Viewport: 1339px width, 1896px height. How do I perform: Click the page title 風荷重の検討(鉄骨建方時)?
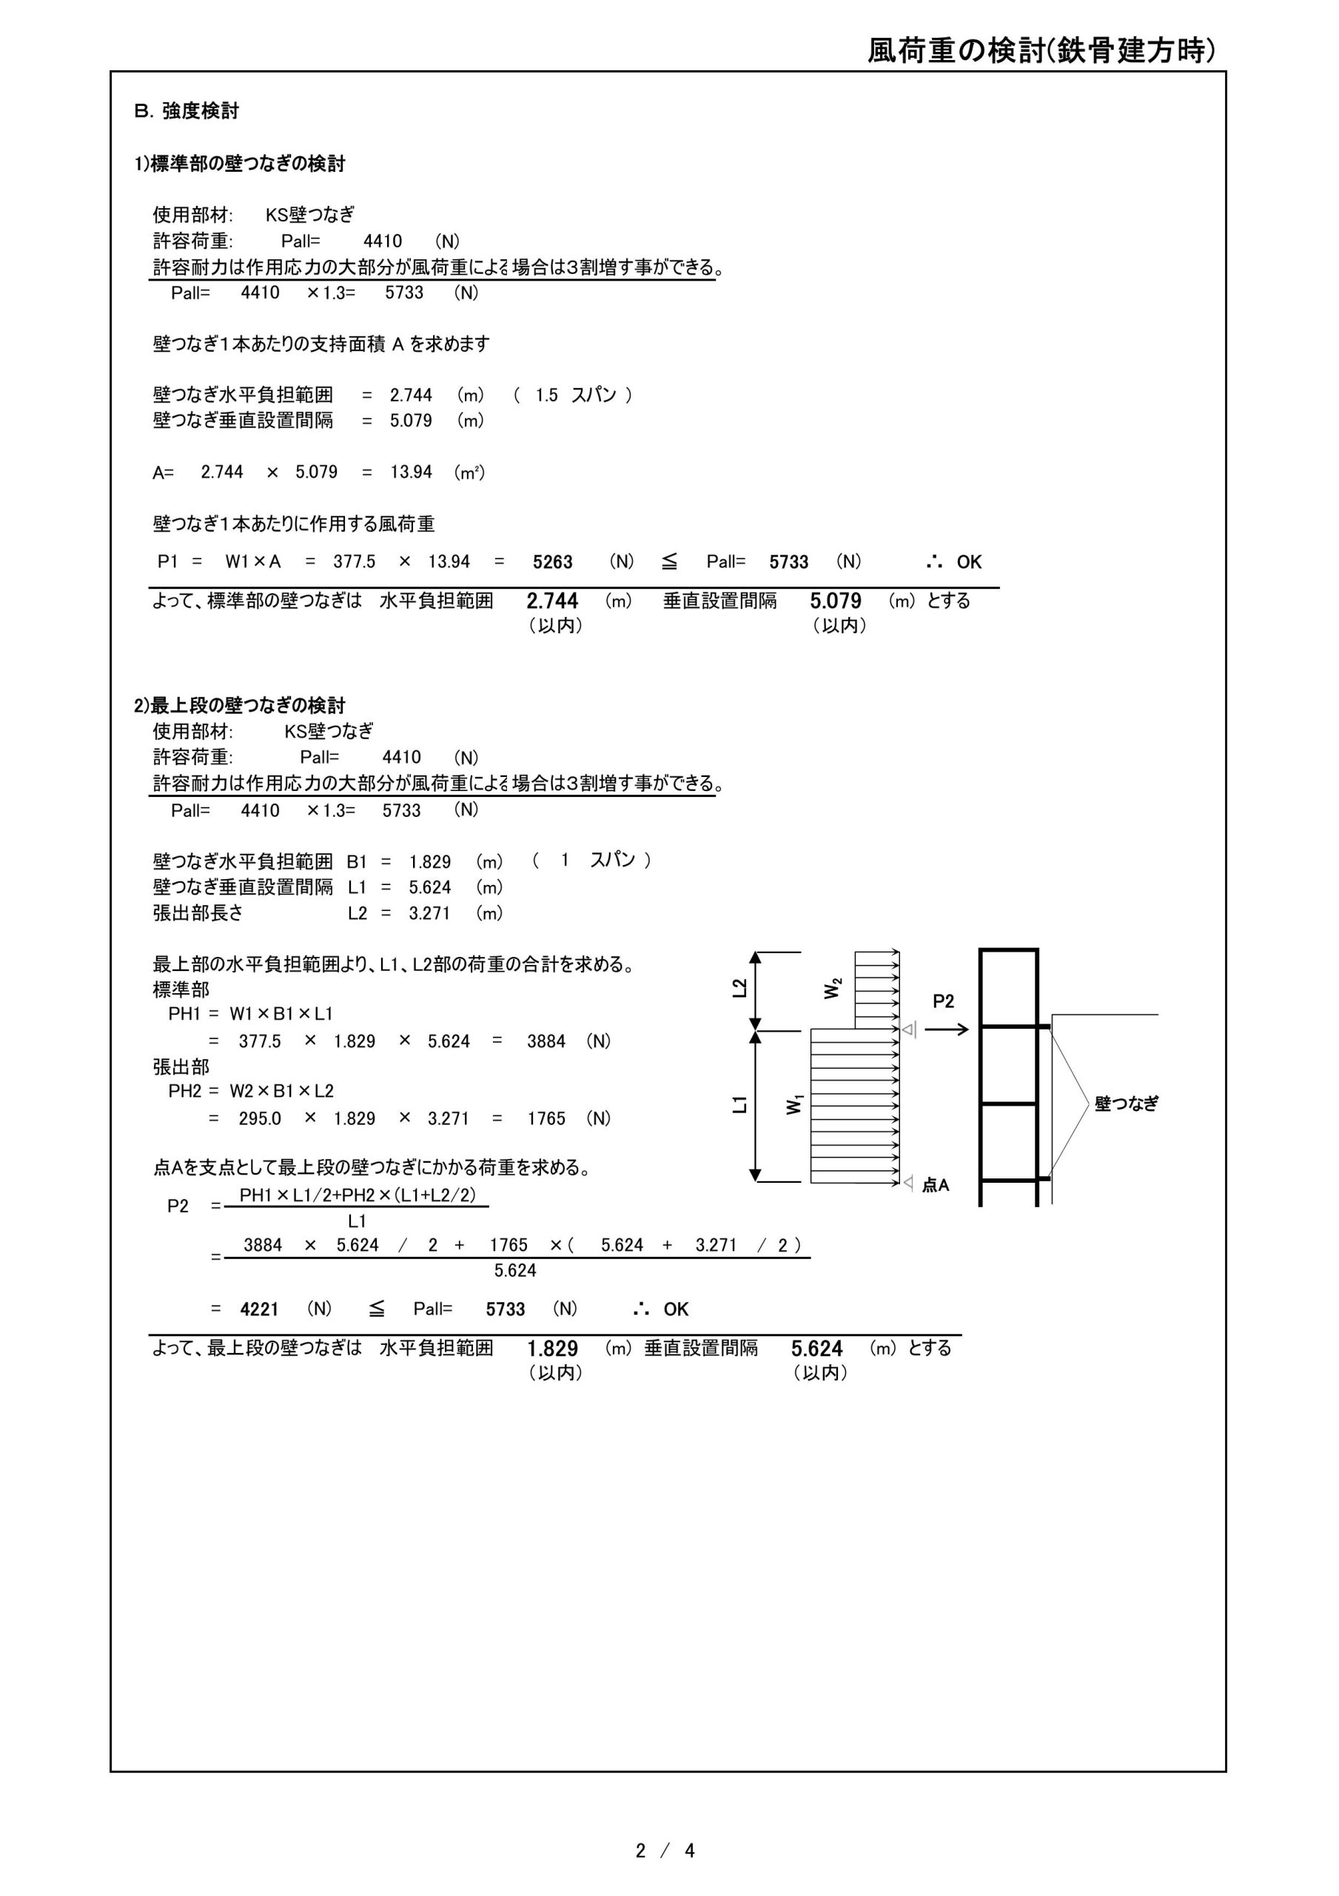point(1041,51)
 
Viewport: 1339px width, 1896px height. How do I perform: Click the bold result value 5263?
point(552,562)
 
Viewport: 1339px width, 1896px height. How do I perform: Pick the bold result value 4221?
point(259,1309)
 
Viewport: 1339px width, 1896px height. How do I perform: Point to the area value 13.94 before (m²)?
point(411,473)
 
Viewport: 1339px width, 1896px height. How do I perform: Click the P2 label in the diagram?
point(943,1001)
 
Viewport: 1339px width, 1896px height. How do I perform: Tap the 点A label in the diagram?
point(936,1185)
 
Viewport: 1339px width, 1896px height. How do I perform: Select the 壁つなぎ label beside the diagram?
point(1126,1104)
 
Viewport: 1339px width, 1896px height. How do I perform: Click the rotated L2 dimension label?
point(739,988)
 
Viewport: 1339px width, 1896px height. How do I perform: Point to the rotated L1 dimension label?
point(739,1104)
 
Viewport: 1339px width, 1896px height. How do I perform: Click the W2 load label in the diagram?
point(833,988)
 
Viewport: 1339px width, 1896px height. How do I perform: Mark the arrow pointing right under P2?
point(946,1029)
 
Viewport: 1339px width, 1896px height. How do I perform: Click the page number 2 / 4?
point(665,1851)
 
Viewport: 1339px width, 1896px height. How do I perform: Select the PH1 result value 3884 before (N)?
point(546,1041)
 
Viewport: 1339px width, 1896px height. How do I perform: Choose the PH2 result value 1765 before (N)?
point(546,1119)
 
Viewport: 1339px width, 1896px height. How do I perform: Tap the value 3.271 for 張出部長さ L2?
point(429,913)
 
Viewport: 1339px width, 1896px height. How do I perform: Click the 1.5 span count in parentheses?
point(546,395)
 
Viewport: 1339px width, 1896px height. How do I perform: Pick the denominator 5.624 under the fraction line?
point(515,1271)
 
